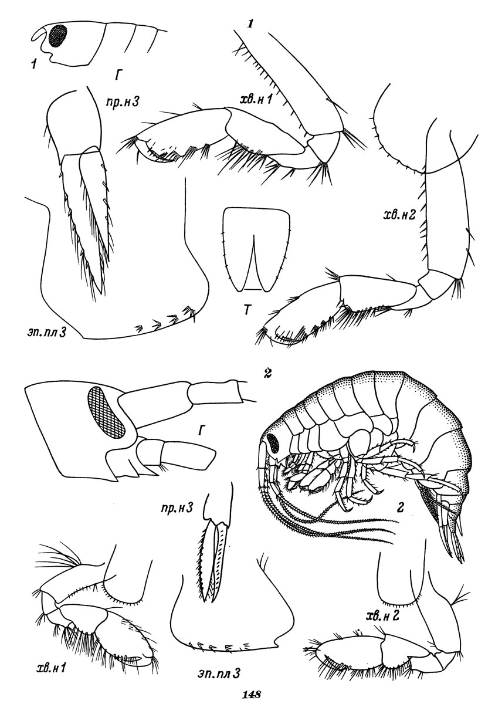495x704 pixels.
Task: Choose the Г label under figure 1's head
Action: pos(117,76)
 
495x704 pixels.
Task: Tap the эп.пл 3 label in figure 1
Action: pos(46,333)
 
